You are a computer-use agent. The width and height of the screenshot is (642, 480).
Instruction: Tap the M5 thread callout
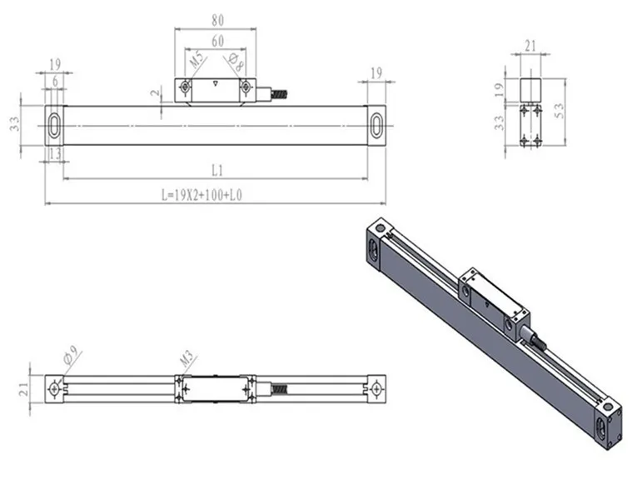pos(197,61)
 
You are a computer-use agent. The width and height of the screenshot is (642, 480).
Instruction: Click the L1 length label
pos(216,171)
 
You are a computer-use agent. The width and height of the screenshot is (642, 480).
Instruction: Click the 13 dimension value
pos(55,153)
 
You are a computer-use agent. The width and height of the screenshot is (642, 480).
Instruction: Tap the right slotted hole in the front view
pos(376,125)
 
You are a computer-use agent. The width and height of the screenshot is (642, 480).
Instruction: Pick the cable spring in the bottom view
pos(283,388)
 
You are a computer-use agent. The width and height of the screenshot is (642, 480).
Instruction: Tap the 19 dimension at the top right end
pos(376,74)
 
